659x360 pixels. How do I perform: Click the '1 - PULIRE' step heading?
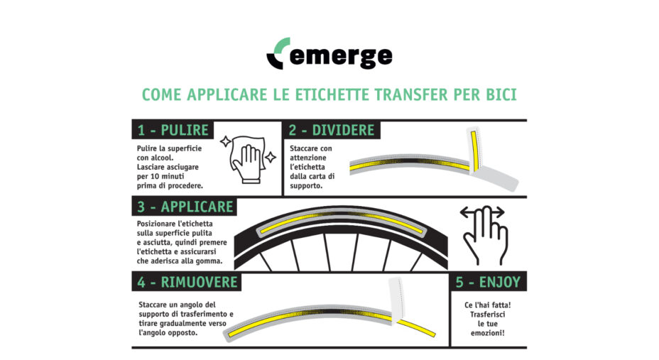(173, 130)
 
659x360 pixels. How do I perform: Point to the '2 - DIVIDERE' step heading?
(331, 130)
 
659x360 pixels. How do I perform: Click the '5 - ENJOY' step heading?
(488, 282)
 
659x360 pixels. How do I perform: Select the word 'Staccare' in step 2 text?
(306, 148)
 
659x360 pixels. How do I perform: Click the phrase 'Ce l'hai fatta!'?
(488, 305)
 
